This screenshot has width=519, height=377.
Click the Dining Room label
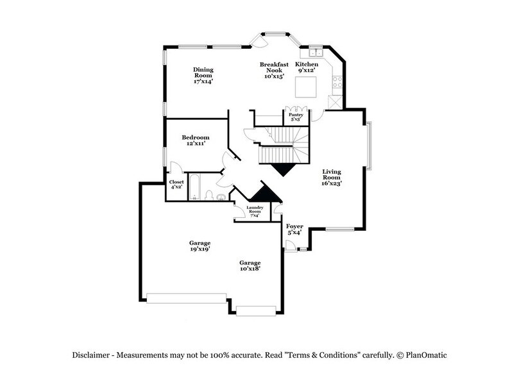click(x=203, y=75)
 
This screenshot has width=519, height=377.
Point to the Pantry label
click(x=296, y=117)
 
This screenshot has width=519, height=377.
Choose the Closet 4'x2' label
click(x=176, y=185)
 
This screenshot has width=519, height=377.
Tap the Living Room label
click(x=331, y=177)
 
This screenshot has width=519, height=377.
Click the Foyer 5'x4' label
click(x=294, y=229)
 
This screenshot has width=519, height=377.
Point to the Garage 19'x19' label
click(x=200, y=246)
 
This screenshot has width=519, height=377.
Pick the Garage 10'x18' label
click(x=250, y=265)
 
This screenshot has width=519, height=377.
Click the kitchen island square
click(x=304, y=86)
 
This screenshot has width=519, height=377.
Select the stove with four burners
click(x=337, y=81)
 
